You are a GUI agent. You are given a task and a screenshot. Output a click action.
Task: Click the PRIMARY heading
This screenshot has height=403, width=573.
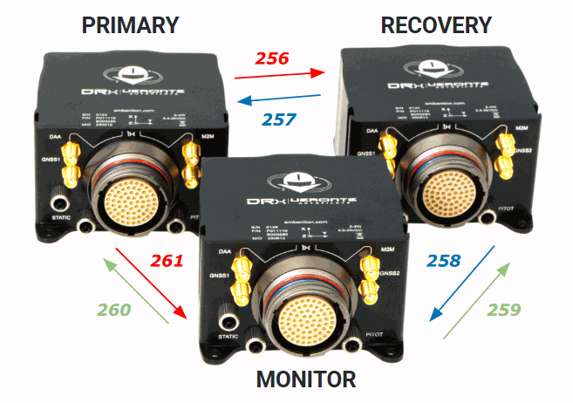(130, 24)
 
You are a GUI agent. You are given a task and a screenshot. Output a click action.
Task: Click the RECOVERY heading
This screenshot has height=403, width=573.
(436, 24)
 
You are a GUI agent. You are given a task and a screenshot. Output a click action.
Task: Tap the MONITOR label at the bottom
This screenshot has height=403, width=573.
(305, 379)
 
